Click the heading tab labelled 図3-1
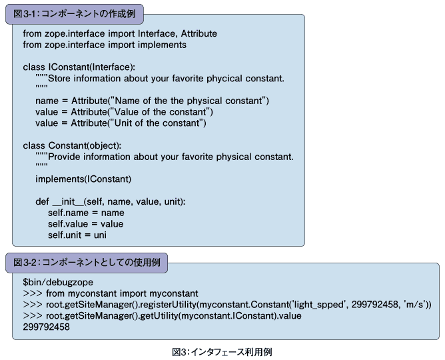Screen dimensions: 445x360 click(x=75, y=14)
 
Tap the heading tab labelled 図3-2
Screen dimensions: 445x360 click(x=87, y=263)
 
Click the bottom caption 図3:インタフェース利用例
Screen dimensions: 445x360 click(x=222, y=352)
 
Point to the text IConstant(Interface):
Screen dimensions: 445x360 click(x=92, y=67)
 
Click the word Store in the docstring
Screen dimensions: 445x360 click(x=59, y=79)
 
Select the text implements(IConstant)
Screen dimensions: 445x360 click(x=83, y=179)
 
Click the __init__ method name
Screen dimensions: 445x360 click(x=68, y=201)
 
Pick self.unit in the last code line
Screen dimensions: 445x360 click(x=65, y=235)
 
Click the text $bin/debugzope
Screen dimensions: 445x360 click(x=58, y=282)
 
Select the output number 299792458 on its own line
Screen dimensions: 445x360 click(x=46, y=327)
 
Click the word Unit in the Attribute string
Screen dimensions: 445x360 click(x=123, y=123)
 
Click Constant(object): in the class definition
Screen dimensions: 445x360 click(x=85, y=145)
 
